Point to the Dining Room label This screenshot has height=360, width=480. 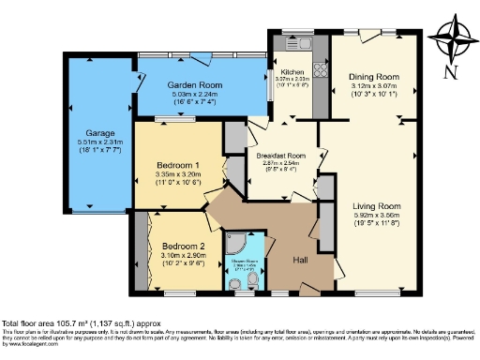point(374,77)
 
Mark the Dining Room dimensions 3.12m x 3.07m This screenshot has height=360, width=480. point(374,86)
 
